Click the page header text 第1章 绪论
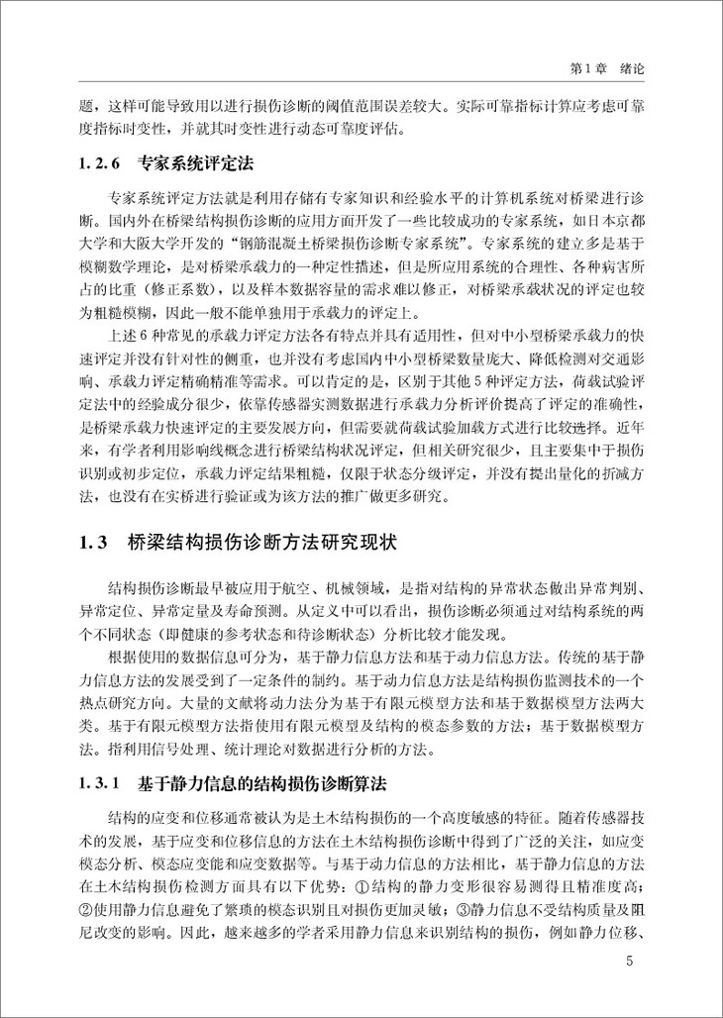pos(622,71)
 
